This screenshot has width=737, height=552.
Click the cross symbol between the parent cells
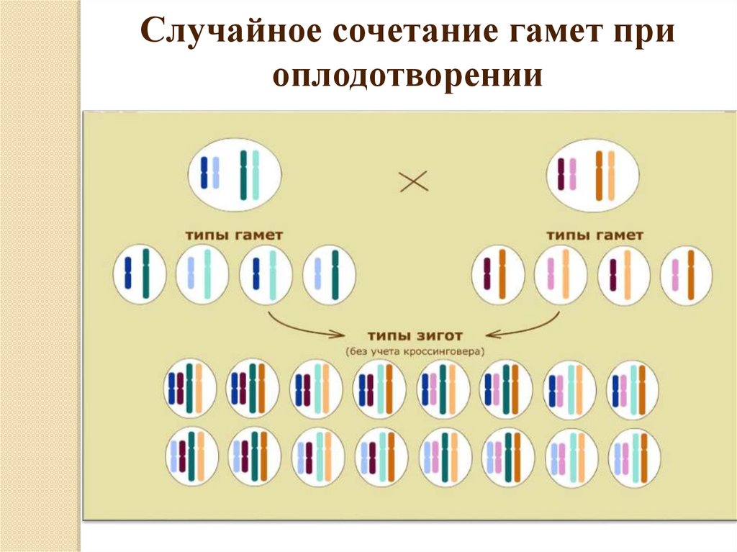point(414,181)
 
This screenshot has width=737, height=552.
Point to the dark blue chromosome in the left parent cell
point(204,173)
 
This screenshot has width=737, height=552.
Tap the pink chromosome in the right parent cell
point(573,173)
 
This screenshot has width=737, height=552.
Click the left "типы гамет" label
point(235,235)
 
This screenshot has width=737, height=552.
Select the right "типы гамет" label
point(594,235)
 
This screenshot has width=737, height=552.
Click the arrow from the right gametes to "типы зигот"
point(525,327)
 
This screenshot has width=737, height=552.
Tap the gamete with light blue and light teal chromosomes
point(202,274)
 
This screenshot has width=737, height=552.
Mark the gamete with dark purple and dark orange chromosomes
point(497,274)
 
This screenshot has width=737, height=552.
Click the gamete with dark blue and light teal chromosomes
point(265,274)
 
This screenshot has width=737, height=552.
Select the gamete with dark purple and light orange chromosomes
point(623,274)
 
